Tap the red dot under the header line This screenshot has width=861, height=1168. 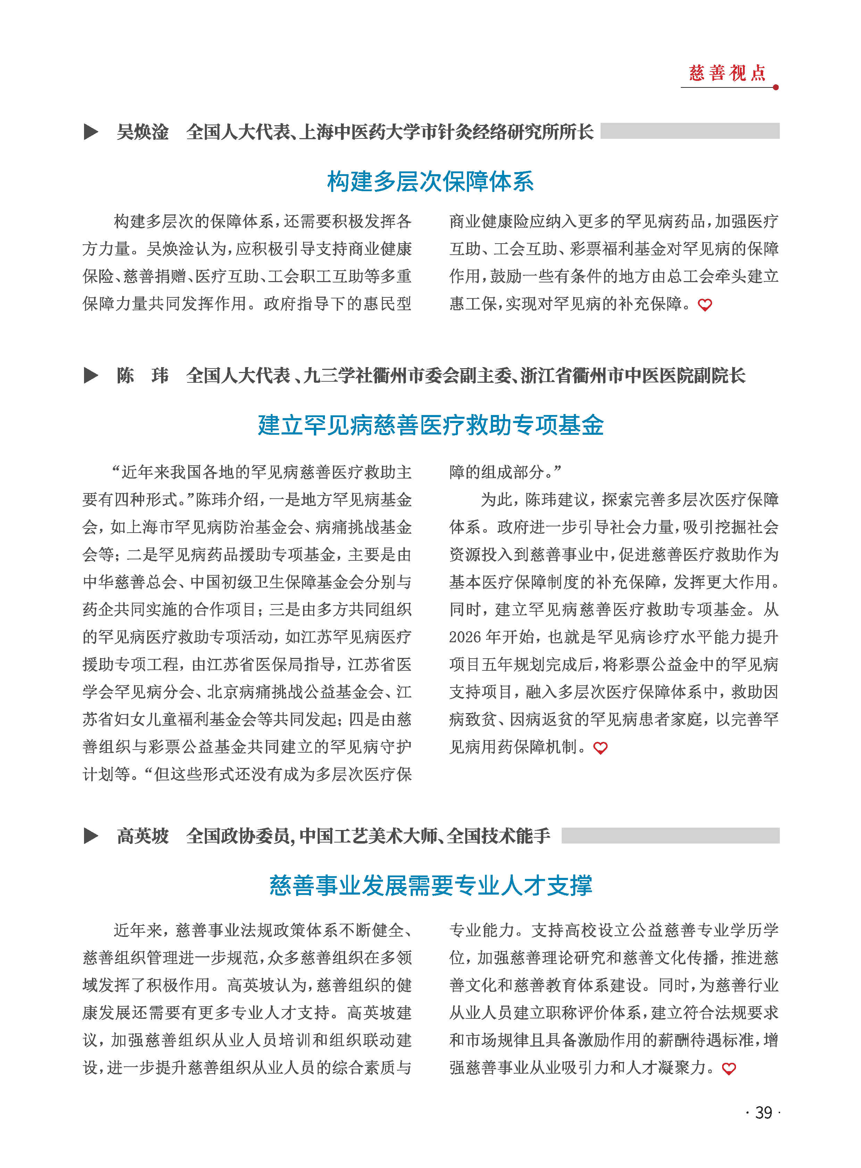(776, 87)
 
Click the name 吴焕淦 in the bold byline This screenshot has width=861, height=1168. (142, 132)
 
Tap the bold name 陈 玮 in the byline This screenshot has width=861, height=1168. (142, 375)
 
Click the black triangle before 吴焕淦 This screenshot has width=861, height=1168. (91, 132)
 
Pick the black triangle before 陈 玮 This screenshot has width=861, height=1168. (91, 375)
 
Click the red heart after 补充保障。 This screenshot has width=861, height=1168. (705, 305)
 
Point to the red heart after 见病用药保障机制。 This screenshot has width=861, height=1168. (600, 748)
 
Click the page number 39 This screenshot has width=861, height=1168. (763, 1112)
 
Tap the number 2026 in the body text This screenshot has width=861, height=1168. (465, 637)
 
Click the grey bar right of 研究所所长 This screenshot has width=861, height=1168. (689, 131)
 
